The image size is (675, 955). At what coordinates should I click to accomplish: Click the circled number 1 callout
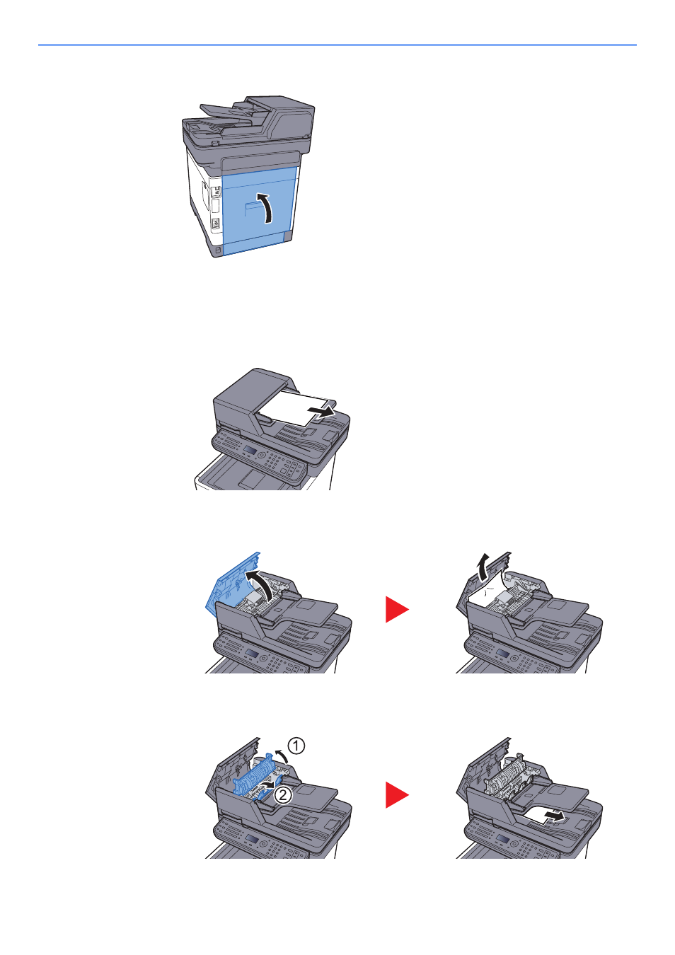pos(296,746)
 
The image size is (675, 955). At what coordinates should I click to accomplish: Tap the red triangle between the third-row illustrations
pos(396,609)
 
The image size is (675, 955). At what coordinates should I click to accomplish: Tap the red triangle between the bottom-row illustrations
pos(396,794)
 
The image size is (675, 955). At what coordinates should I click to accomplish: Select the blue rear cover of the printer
pos(256,211)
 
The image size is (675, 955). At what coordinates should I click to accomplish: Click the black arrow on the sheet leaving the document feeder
pos(321,412)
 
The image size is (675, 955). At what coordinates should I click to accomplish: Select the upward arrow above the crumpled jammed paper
pos(483,567)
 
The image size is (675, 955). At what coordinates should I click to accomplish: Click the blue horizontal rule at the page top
pos(337,45)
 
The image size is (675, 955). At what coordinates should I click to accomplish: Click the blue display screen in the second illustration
pos(250,451)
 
